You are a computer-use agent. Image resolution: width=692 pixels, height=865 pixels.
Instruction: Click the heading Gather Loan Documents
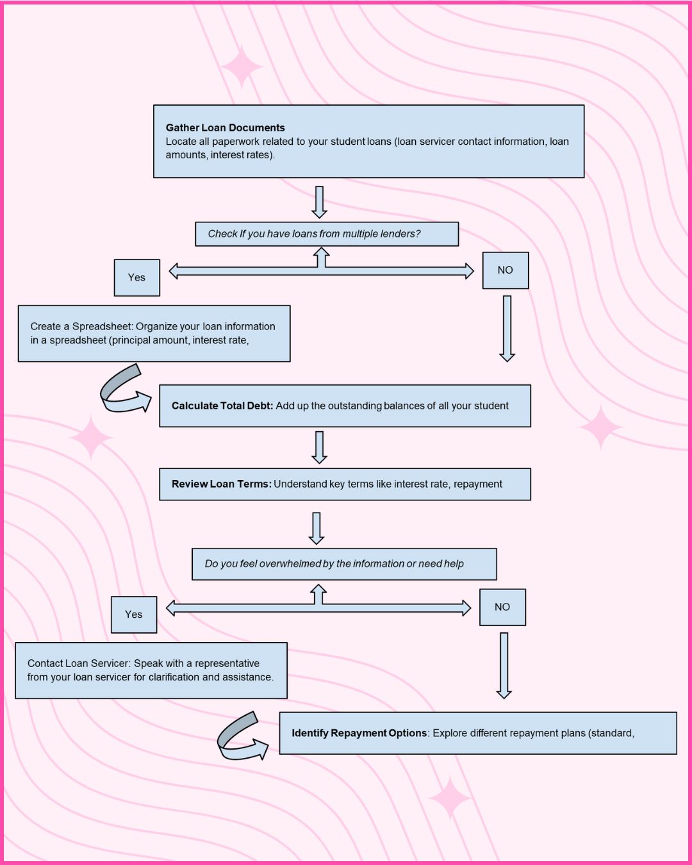[225, 128]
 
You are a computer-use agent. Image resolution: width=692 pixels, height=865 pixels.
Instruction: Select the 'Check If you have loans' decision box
[327, 234]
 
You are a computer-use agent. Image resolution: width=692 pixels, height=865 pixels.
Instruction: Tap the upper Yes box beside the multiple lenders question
[136, 277]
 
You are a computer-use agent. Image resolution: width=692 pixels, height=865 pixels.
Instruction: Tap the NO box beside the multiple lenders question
[505, 270]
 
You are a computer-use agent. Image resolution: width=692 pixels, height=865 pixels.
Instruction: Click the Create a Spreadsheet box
[154, 333]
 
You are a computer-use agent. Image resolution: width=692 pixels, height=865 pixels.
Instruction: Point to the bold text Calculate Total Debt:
[222, 406]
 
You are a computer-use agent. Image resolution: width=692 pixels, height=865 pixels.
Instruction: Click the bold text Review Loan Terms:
[221, 484]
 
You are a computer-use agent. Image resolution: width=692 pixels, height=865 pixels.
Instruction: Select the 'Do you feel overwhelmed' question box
[344, 564]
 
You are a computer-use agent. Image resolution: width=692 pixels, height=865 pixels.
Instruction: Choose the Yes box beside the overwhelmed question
[133, 614]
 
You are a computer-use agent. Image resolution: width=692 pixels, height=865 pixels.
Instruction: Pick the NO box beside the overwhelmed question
[502, 607]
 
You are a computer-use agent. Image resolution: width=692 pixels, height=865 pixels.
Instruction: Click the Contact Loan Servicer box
[151, 670]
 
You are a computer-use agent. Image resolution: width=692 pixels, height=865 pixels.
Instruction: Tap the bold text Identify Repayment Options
[359, 733]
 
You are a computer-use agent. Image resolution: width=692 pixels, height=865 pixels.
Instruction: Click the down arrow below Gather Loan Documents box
[319, 202]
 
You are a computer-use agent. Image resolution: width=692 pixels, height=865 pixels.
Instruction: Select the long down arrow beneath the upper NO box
[507, 328]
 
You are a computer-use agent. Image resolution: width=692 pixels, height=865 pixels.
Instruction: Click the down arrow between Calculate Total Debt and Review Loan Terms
[319, 447]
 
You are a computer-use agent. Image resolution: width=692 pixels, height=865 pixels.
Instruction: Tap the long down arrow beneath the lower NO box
[504, 665]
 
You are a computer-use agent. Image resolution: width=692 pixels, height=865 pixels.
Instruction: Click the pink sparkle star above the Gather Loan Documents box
[241, 67]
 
